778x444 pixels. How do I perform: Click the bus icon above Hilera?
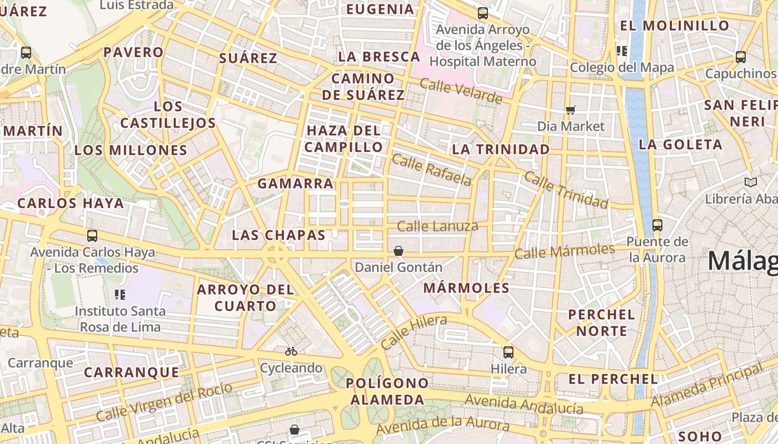[x=508, y=352]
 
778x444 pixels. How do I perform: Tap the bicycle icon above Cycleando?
[x=291, y=351]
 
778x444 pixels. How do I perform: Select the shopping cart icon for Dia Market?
[x=570, y=110]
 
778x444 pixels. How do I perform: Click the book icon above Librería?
[x=750, y=182]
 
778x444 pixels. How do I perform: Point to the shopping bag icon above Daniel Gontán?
[x=398, y=251]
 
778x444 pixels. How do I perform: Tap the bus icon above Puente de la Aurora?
[x=657, y=225]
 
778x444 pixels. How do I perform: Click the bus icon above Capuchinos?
[x=740, y=57]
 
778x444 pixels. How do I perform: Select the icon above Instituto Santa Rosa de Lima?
[x=120, y=294]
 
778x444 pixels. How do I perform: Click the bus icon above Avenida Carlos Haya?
[x=92, y=236]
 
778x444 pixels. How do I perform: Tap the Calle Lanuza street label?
[x=437, y=226]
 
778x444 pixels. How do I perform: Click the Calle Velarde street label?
[x=461, y=91]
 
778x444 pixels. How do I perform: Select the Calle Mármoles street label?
[x=564, y=251]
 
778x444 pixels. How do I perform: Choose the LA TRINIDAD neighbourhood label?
[x=500, y=149]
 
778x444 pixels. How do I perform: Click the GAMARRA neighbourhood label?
[x=295, y=184]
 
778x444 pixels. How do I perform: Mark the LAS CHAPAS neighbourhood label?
[x=278, y=235]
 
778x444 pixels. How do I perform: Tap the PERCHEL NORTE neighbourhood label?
[x=601, y=323]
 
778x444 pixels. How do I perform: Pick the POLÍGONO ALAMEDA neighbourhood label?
[x=387, y=391]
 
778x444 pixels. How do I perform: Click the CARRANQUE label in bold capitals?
[x=131, y=372]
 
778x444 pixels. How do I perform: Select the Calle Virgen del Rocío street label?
[x=164, y=402]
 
